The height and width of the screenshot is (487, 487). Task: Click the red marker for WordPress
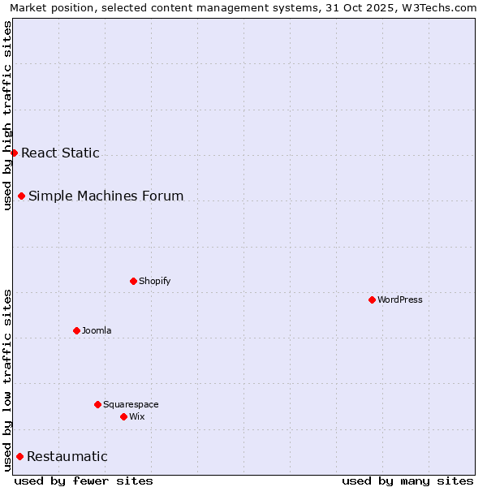[x=373, y=300]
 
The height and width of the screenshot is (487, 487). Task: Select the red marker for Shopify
[x=134, y=281]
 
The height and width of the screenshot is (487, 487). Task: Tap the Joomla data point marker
[x=77, y=330]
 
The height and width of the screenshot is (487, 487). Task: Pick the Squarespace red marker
[x=98, y=404]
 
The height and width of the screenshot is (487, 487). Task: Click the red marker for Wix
[x=124, y=416]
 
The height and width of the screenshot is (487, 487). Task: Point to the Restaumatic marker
[x=20, y=456]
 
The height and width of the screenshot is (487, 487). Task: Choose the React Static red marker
[x=15, y=153]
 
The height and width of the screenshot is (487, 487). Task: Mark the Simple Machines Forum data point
[x=22, y=196]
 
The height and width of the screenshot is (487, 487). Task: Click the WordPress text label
[x=400, y=300]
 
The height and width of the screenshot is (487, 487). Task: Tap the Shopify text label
[x=155, y=281]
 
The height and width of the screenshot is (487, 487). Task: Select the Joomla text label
[x=97, y=330]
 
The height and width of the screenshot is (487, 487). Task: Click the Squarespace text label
[x=131, y=404]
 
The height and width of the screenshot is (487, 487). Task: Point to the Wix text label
[x=137, y=416]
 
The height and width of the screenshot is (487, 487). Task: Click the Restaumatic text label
[x=67, y=456]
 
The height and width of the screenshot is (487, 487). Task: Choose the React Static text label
[x=61, y=153]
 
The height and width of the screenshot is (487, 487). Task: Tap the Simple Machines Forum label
[x=106, y=196]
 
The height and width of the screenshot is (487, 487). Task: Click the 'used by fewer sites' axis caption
[x=84, y=481]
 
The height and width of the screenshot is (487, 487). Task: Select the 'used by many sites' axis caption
[x=407, y=481]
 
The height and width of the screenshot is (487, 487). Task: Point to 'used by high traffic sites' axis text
[x=7, y=115]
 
